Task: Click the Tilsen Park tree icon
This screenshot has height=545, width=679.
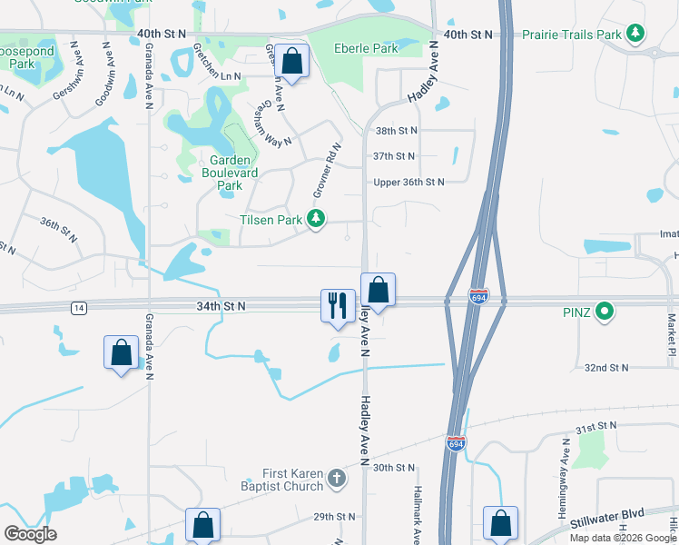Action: click(316, 219)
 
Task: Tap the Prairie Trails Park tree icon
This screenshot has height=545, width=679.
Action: click(636, 35)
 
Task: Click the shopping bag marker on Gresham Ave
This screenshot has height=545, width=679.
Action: click(292, 62)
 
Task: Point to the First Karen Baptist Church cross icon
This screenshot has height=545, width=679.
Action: click(337, 479)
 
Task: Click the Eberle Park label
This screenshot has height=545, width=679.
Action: click(366, 48)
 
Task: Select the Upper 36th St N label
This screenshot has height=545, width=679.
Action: click(409, 182)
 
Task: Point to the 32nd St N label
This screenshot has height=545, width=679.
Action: click(607, 368)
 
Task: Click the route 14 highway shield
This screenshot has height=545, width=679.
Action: click(80, 309)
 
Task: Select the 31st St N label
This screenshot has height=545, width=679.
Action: click(596, 426)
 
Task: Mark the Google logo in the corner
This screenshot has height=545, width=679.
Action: click(30, 534)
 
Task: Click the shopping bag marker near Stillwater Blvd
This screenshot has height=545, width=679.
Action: click(500, 523)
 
